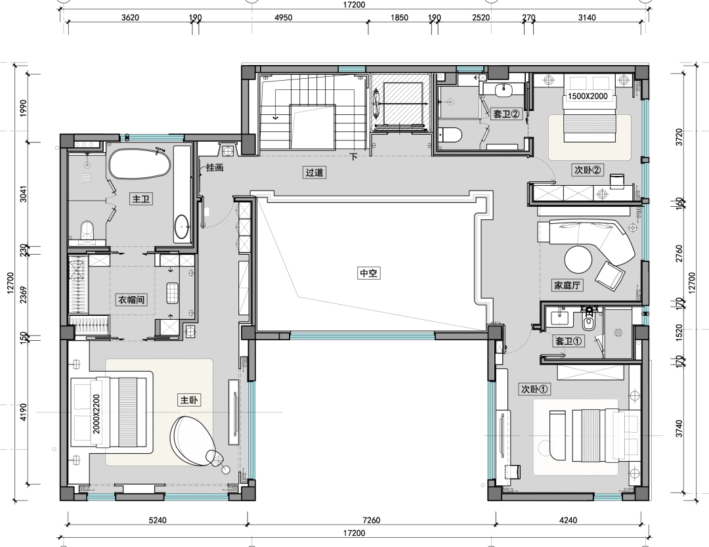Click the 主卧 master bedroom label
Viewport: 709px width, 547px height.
tap(189, 400)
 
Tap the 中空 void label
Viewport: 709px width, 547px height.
tap(368, 273)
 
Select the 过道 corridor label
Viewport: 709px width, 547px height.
tap(314, 173)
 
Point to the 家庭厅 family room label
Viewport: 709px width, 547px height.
tap(567, 286)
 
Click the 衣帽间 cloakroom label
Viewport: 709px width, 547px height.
tap(131, 299)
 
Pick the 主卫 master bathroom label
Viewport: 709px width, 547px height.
tap(141, 199)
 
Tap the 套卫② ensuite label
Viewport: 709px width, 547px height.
tap(507, 114)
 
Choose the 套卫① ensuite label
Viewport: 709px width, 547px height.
tap(569, 341)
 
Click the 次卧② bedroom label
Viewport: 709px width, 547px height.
tap(588, 170)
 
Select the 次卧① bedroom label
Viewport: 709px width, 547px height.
tap(535, 389)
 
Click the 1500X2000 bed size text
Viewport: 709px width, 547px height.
tap(588, 96)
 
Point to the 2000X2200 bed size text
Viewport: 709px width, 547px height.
tap(97, 414)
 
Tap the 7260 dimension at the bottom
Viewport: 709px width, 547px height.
tap(371, 520)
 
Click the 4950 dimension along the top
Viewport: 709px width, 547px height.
tap(284, 18)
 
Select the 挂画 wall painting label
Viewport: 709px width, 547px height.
tap(215, 168)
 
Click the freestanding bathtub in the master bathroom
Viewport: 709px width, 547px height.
tap(140, 164)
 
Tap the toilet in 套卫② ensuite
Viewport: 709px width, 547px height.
tap(450, 135)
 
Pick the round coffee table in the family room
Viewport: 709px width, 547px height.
tap(578, 259)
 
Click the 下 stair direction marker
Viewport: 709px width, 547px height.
tap(353, 157)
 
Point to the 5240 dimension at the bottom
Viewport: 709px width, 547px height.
tap(158, 520)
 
